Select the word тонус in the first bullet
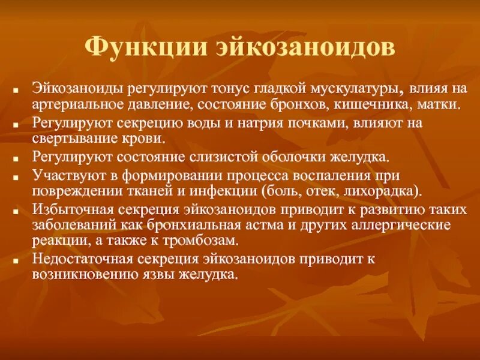(228, 89)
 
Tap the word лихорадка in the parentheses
(386, 192)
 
